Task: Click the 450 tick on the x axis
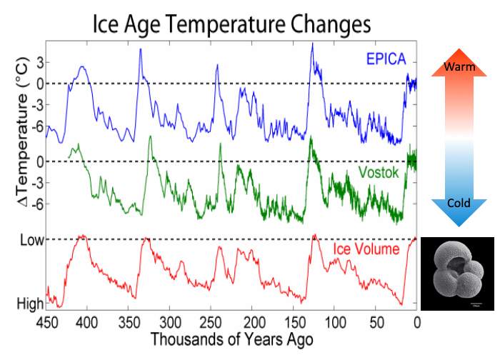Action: (x=46, y=321)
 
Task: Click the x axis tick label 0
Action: (x=416, y=321)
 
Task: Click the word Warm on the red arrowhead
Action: (x=458, y=67)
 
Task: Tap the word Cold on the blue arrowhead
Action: (x=458, y=203)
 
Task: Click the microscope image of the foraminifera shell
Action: (x=457, y=274)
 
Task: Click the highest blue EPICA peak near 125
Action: (x=312, y=44)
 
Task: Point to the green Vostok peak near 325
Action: (x=150, y=136)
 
